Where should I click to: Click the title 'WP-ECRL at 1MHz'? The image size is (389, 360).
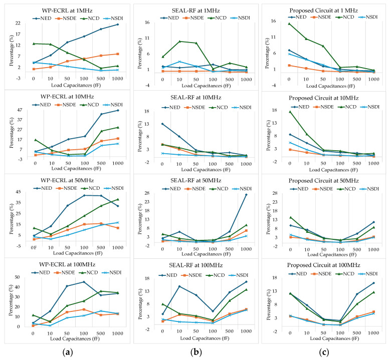[67, 11]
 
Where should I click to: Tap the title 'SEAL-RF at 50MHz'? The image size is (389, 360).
[196, 180]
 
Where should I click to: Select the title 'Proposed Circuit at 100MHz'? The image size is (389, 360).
[323, 265]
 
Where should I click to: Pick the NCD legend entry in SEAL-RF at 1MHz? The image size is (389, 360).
[218, 18]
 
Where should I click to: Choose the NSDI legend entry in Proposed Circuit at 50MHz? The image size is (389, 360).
[370, 189]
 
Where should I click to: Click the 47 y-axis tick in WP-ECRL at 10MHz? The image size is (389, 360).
[26, 110]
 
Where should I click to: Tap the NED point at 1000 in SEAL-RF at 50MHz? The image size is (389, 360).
[246, 195]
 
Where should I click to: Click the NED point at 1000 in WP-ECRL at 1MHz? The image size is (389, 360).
[118, 24]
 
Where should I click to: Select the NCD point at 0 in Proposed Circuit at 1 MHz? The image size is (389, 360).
[289, 24]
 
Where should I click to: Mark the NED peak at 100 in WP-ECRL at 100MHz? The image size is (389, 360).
[84, 282]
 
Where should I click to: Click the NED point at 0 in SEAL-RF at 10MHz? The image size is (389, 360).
[162, 124]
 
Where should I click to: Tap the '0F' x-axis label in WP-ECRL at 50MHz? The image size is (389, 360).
[34, 247]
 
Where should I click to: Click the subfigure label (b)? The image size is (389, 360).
[196, 352]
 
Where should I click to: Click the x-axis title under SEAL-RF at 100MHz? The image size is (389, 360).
[205, 338]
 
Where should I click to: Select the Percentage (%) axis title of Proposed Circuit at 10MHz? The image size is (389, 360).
[268, 136]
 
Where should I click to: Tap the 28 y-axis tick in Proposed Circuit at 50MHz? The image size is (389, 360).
[274, 193]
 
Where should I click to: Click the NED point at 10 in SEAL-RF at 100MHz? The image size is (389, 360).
[179, 286]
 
